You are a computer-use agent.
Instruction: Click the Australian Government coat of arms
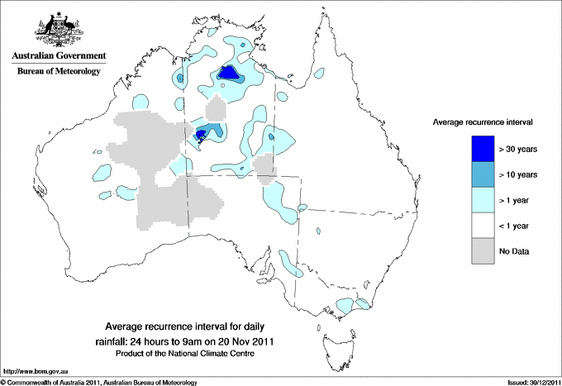pos(58,28)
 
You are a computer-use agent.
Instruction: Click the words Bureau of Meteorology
pos(58,72)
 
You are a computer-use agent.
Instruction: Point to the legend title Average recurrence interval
pos(483,122)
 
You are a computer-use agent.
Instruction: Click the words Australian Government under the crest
pos(58,56)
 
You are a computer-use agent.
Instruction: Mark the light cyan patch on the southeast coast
pos(347,306)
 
